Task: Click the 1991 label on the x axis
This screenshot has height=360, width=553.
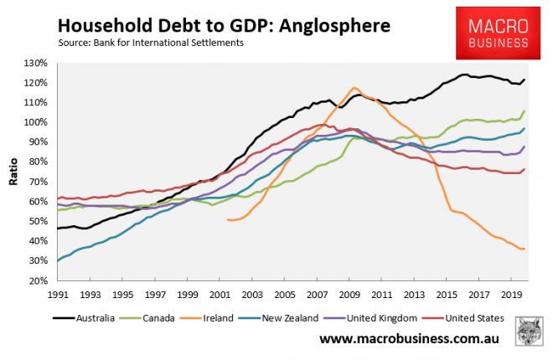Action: (x=57, y=296)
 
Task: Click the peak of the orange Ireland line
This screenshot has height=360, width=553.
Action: (x=354, y=87)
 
